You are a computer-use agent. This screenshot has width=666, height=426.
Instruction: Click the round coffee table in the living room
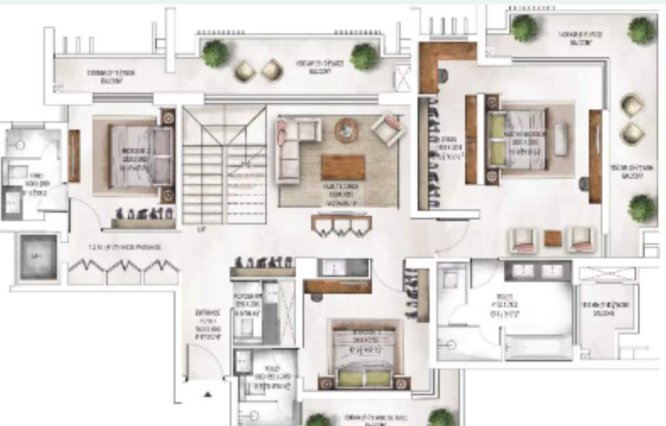coord(346,130)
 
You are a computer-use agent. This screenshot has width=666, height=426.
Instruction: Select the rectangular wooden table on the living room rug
coord(343,168)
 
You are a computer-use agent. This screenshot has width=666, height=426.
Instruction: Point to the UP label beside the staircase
coord(200,228)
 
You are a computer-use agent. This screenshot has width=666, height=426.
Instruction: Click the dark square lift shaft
coord(38,257)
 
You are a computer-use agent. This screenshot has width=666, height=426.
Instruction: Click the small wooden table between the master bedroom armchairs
coord(553,238)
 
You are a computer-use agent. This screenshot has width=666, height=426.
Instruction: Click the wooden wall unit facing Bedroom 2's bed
coord(74,155)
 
